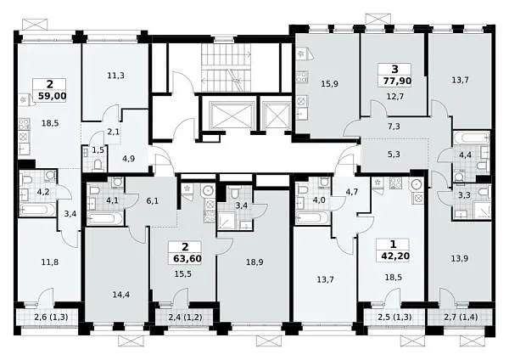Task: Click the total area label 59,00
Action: pos(53,96)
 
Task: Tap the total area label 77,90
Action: pos(397,81)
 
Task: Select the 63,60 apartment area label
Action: pos(187,259)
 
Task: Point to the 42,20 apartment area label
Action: pos(395,256)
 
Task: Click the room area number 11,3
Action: pos(116,76)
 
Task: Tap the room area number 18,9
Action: pos(255,262)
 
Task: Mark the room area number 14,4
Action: pos(121,295)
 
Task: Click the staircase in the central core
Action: pos(227,68)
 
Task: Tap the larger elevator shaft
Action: pos(232,115)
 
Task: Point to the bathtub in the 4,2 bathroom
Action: pos(37,209)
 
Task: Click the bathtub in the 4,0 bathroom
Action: pos(312,217)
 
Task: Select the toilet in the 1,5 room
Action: pos(98,166)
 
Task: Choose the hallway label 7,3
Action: pos(394,127)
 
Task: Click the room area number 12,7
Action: pos(395,97)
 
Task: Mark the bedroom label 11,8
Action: pos(50,262)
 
